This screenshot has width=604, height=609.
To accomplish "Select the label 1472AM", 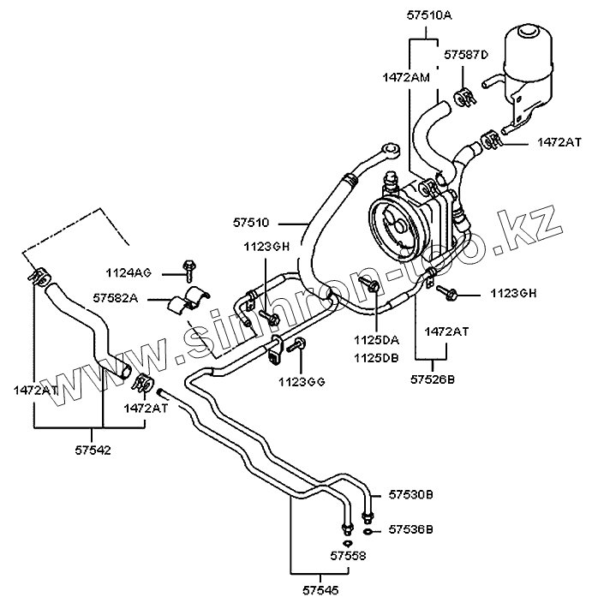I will [407, 77].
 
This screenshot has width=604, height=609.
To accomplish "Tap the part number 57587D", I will [465, 55].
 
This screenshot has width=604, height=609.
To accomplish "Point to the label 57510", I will [250, 222].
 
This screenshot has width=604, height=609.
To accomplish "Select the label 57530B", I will [410, 495].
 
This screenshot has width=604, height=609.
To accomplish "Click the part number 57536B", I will [410, 530].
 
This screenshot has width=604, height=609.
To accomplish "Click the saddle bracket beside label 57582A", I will [193, 301].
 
